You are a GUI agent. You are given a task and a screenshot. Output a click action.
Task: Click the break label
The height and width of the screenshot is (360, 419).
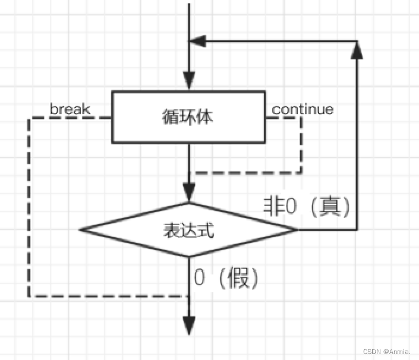[x=70, y=109]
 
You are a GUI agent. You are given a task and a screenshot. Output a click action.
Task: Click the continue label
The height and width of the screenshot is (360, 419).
[x=303, y=109]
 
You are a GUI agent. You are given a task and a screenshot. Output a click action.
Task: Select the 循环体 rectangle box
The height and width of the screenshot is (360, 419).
[x=188, y=117]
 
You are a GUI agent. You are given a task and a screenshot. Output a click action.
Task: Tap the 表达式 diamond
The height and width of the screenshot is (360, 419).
[x=188, y=230]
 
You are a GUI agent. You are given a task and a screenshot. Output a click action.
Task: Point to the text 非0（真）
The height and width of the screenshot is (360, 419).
[x=307, y=206]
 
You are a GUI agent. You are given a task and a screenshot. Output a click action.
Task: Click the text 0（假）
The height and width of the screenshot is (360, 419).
[x=226, y=279]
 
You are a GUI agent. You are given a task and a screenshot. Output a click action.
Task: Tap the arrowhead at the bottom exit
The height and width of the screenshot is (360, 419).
[x=189, y=326]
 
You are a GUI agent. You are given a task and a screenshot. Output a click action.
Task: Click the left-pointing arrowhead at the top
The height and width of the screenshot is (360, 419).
[x=197, y=41]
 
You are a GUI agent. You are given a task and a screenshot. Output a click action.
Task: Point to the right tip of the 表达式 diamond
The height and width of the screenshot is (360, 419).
[x=296, y=230]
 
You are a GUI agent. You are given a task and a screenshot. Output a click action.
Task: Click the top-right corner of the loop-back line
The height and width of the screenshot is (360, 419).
[x=357, y=41]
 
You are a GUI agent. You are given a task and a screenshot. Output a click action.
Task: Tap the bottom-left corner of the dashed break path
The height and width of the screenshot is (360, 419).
[x=29, y=296]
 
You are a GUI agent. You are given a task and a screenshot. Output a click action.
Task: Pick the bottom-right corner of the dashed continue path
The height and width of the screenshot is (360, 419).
[x=301, y=173]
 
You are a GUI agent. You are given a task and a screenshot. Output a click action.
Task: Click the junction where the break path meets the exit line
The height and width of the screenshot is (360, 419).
[x=189, y=296]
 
